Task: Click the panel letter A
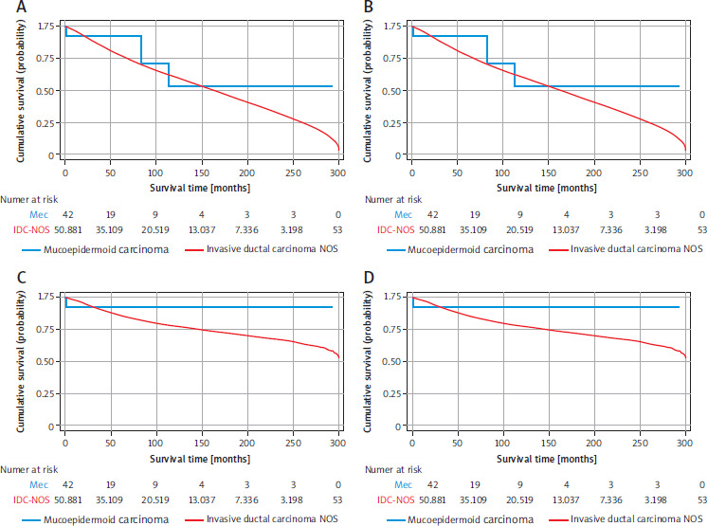point(21,8)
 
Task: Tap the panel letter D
point(369,278)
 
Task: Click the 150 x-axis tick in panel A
point(202,172)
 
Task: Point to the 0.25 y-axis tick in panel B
point(391,123)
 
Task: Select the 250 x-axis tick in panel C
point(293,443)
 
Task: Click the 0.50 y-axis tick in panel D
point(391,362)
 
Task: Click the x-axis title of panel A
point(200,188)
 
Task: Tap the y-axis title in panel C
point(20,361)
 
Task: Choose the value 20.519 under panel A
point(155,229)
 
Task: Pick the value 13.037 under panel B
point(566,229)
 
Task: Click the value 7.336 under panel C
point(246,499)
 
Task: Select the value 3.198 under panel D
point(656,499)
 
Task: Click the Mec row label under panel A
point(39,215)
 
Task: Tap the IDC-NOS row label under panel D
point(395,499)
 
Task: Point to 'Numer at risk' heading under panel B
point(393,200)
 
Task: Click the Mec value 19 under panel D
point(475,485)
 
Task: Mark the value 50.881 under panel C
point(68,499)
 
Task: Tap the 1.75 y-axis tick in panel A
point(45,27)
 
